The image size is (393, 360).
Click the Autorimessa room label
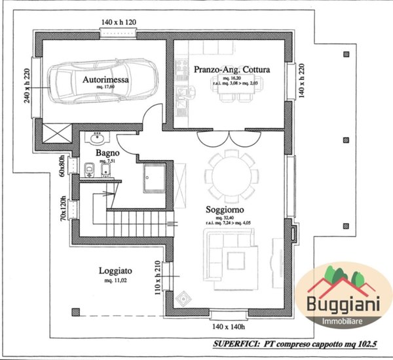[105, 79]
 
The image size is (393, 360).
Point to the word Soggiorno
[225, 209]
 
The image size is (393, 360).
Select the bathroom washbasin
[98, 138]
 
